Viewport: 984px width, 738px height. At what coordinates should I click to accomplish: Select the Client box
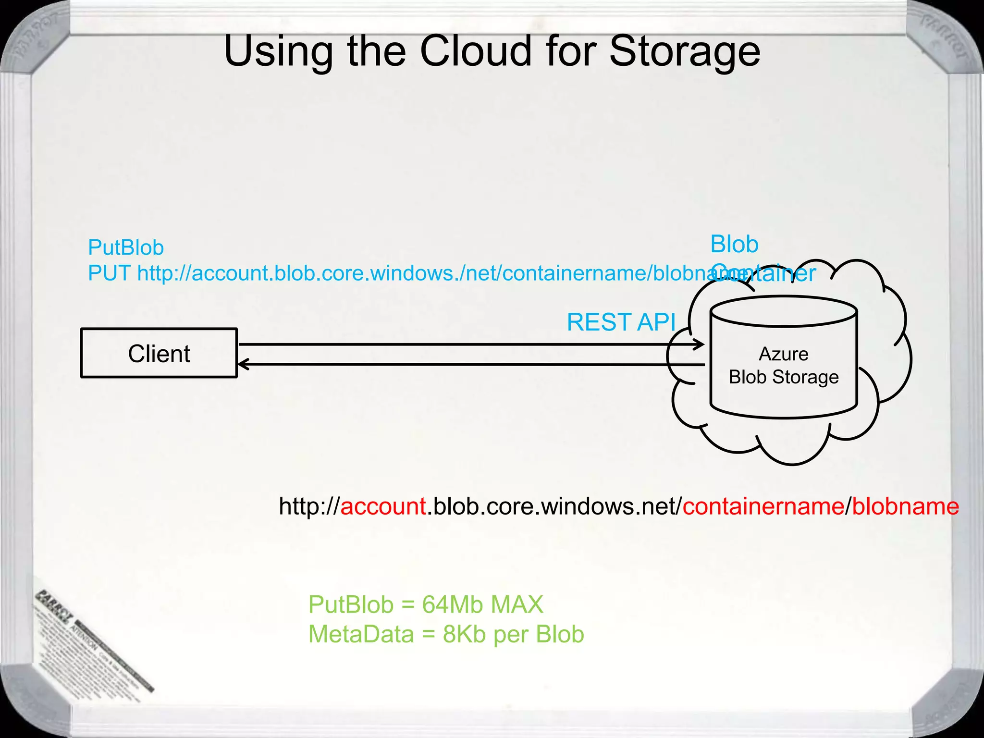(159, 354)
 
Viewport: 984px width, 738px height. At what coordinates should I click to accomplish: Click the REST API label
(621, 322)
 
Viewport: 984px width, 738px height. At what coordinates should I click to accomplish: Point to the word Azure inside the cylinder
(783, 354)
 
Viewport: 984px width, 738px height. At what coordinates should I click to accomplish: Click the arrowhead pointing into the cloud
(700, 344)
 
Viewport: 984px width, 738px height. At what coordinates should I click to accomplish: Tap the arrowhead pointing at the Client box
(243, 365)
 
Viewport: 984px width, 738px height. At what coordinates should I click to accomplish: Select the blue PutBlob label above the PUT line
(126, 248)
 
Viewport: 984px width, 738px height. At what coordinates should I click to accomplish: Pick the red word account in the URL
(383, 506)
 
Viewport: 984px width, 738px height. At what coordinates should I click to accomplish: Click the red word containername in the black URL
(763, 506)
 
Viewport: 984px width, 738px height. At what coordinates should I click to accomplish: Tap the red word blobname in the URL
(906, 506)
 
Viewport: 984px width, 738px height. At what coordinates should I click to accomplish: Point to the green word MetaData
(361, 634)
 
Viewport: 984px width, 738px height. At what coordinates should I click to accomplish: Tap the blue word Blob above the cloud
(734, 244)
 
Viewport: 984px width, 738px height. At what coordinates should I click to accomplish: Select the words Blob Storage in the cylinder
(783, 377)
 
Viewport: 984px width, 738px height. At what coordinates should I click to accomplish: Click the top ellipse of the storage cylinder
(783, 312)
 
